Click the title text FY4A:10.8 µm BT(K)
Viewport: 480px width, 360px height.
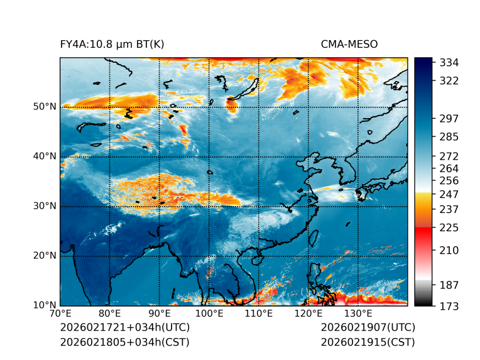click(x=112, y=44)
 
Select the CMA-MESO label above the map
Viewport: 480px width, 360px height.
click(x=349, y=44)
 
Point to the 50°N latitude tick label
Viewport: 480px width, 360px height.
click(x=45, y=107)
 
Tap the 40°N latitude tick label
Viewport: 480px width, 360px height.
click(x=45, y=156)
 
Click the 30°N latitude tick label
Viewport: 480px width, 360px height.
click(x=45, y=206)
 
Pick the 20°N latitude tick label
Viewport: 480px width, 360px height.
click(x=45, y=256)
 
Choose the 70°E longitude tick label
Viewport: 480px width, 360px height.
click(x=60, y=314)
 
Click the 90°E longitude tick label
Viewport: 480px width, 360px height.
click(x=160, y=314)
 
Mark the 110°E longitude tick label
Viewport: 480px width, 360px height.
click(x=259, y=314)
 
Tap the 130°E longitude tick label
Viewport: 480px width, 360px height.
click(x=358, y=314)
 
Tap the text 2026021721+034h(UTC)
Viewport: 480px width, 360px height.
click(x=124, y=328)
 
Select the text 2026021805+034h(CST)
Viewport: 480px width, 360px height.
click(x=124, y=342)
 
